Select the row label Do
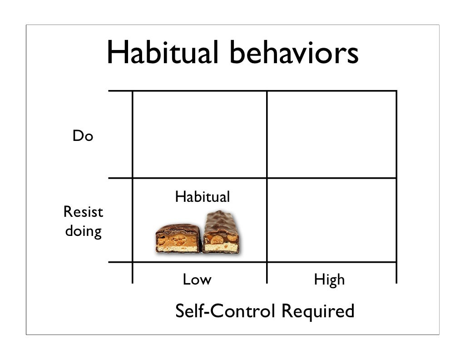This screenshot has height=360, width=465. (83, 136)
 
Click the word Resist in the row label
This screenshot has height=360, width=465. (83, 212)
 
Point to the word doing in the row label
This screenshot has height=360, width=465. (83, 231)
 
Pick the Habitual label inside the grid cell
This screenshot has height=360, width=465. (202, 197)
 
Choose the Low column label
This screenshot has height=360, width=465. (197, 280)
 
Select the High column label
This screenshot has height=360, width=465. (329, 280)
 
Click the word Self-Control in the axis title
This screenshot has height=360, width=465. (225, 311)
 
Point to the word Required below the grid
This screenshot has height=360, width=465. (317, 311)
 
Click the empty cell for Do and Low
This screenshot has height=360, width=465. (199, 135)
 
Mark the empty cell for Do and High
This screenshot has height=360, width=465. (331, 135)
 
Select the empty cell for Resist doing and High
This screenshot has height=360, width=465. (331, 220)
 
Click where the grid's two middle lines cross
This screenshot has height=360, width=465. (267, 178)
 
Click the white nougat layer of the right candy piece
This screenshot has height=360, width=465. (221, 247)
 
